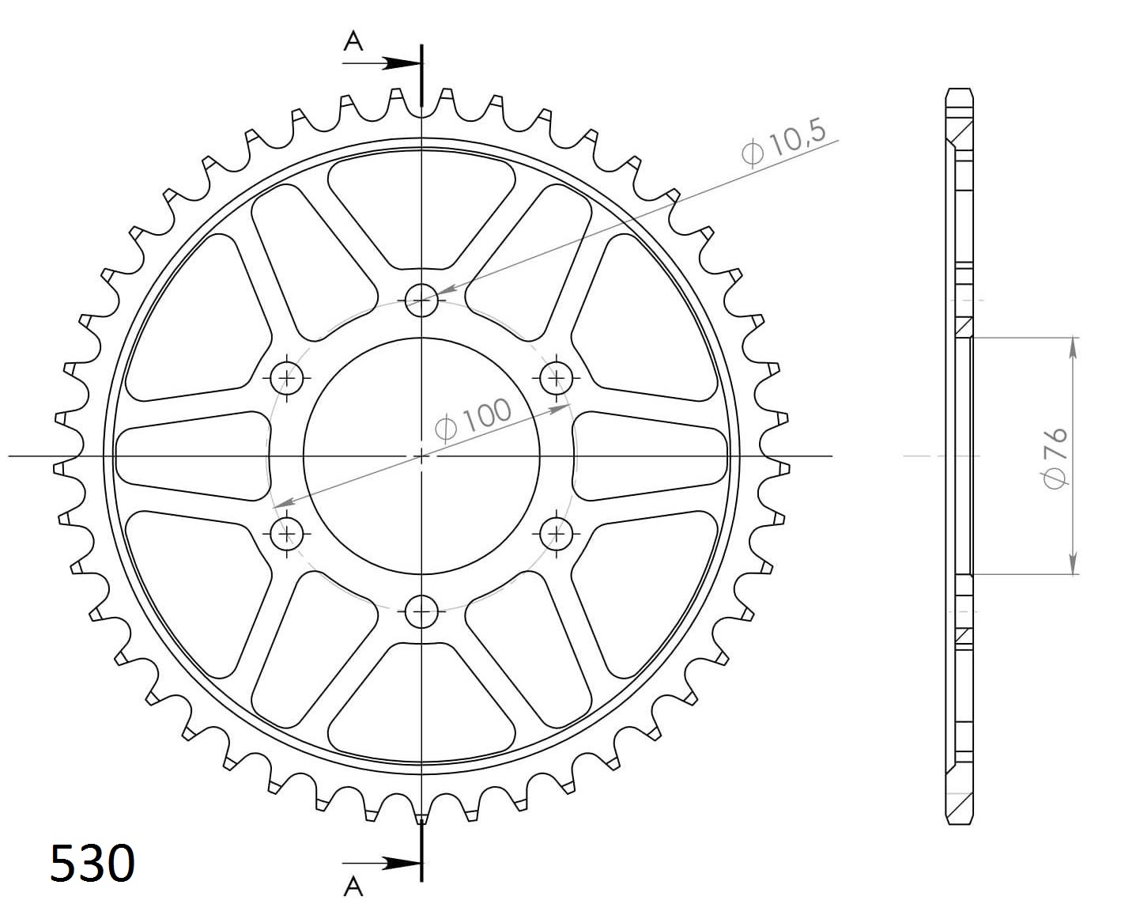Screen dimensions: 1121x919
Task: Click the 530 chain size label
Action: tap(92, 863)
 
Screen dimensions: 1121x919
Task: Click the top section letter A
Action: tap(353, 41)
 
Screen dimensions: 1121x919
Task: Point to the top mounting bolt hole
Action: tap(421, 300)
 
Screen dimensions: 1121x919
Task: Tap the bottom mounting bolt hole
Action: tap(421, 611)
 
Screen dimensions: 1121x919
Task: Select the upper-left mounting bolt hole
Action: tap(286, 378)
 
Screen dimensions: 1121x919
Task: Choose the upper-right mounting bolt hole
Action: tap(557, 378)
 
